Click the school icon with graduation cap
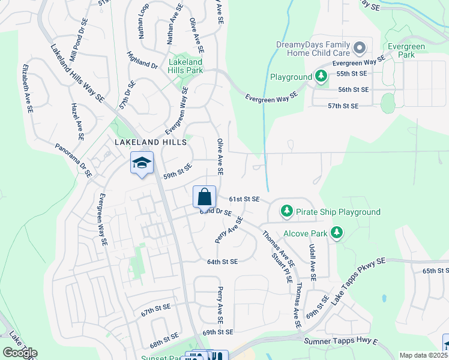tap(142, 163)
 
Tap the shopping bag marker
tap(204, 196)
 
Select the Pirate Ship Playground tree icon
tap(288, 211)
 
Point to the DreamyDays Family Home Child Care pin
tap(360, 47)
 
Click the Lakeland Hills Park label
tap(185, 66)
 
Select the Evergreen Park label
tap(406, 50)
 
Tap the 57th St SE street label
tap(343, 106)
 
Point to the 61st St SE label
tap(244, 199)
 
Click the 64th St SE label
tap(223, 262)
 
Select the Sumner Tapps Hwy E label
tap(342, 341)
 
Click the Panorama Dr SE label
tap(73, 160)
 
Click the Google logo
tap(20, 352)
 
